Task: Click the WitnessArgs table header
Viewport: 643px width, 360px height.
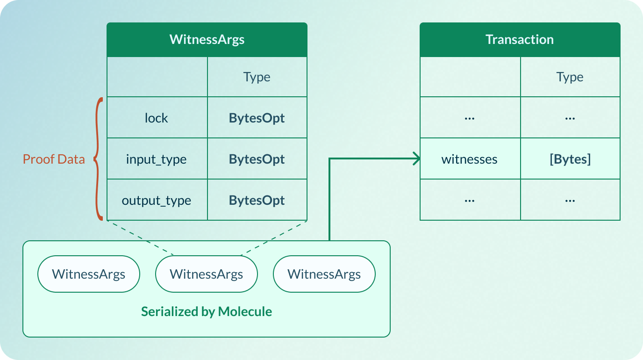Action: (207, 40)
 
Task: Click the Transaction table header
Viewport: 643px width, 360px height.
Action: (520, 40)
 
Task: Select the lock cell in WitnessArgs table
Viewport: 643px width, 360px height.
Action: (157, 118)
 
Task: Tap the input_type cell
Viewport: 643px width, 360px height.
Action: (157, 159)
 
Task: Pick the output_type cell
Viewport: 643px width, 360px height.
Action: (157, 201)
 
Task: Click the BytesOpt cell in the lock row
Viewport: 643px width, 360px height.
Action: (257, 118)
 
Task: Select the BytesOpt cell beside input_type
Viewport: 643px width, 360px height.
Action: (257, 159)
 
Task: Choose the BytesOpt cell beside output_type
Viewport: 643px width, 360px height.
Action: (257, 201)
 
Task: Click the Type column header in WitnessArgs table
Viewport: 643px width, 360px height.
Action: (257, 77)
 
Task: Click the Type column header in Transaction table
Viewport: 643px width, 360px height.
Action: (570, 77)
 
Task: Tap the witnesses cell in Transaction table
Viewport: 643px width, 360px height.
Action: (470, 159)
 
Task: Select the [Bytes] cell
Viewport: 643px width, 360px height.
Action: (570, 159)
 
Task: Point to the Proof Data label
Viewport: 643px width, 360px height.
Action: (54, 159)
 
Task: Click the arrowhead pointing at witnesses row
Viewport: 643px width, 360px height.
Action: (415, 159)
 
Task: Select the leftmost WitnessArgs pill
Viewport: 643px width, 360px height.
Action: (89, 274)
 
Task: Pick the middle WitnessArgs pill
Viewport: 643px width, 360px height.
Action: (206, 274)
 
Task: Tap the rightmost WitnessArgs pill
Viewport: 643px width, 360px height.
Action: (324, 274)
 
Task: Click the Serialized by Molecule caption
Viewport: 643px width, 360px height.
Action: (206, 311)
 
